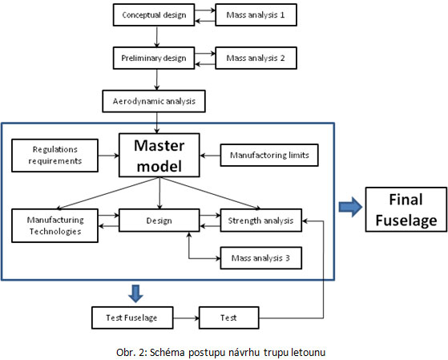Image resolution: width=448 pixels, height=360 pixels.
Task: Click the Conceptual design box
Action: [154, 15]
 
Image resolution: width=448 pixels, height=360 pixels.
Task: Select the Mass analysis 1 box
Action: [256, 15]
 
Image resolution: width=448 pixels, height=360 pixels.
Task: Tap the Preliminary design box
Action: [154, 58]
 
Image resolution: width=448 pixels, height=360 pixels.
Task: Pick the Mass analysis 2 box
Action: [256, 58]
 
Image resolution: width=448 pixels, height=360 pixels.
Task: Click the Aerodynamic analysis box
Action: [154, 101]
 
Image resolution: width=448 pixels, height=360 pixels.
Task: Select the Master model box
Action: [159, 156]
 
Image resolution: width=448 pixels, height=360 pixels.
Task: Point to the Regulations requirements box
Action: [54, 156]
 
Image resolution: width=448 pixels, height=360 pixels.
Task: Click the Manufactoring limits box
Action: [269, 155]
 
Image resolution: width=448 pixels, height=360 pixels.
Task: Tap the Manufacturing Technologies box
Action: [54, 225]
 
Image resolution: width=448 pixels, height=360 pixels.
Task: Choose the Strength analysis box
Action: [260, 220]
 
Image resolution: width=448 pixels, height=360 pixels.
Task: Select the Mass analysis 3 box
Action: [260, 258]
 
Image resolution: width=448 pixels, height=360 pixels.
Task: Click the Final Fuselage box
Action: [406, 209]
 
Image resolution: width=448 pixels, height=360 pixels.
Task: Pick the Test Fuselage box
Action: [132, 318]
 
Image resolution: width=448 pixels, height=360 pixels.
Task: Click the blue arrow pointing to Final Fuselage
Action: [350, 207]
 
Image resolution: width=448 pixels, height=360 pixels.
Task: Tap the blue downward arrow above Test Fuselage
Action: [135, 293]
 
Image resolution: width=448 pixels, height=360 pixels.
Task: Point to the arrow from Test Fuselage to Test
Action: [186, 318]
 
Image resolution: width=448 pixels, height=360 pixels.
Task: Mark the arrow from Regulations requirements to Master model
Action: [108, 156]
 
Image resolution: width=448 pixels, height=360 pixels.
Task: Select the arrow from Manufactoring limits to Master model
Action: [210, 156]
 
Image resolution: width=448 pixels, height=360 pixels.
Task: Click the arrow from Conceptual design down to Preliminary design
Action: [156, 37]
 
